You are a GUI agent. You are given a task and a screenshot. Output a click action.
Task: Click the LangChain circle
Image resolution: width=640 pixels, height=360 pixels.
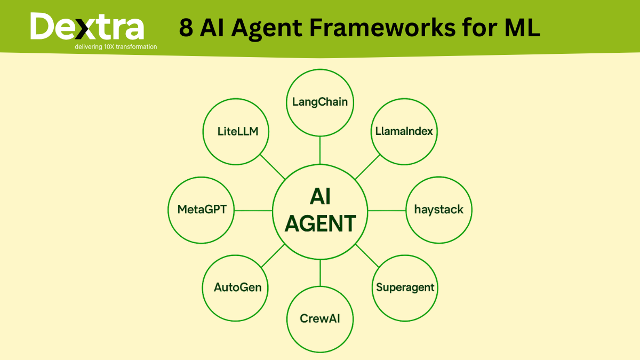(320, 102)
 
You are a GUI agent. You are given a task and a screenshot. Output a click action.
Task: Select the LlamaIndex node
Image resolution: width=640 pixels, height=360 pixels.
(404, 131)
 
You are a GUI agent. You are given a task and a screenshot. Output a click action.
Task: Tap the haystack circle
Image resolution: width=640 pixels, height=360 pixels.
(439, 210)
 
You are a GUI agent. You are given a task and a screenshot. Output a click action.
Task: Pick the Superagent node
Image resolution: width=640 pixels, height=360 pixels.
(405, 287)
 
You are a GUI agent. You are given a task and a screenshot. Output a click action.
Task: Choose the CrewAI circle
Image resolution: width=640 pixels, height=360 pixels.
(320, 319)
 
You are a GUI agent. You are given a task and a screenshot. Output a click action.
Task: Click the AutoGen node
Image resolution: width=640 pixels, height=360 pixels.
(237, 287)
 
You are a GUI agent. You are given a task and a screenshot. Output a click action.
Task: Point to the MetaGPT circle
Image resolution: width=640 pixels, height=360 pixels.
(202, 210)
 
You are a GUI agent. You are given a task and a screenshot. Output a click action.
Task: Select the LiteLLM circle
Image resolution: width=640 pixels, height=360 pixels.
(237, 131)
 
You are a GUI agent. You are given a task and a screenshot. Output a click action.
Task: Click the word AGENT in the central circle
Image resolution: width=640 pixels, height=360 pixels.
(320, 223)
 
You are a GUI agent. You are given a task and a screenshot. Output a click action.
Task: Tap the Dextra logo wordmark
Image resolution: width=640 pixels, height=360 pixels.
(87, 27)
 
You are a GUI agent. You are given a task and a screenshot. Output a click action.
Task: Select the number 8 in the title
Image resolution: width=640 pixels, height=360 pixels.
(186, 28)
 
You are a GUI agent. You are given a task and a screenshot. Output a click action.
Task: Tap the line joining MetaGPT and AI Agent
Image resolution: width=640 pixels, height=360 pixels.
(253, 210)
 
